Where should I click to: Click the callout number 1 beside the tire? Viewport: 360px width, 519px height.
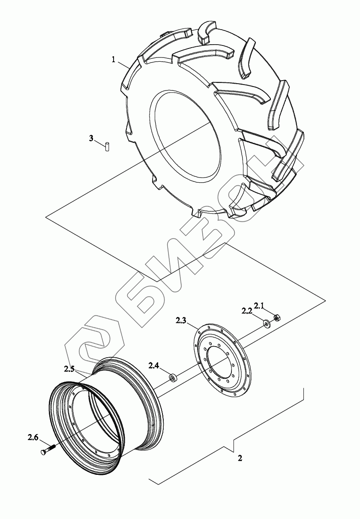click(x=114, y=60)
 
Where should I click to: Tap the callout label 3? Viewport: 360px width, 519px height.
click(x=91, y=138)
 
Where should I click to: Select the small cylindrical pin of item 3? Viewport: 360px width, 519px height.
click(x=107, y=147)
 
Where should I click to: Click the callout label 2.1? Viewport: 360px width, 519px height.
click(x=258, y=306)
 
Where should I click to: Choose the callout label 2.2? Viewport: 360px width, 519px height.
click(x=246, y=311)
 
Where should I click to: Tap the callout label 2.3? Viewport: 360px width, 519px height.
click(x=181, y=321)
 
